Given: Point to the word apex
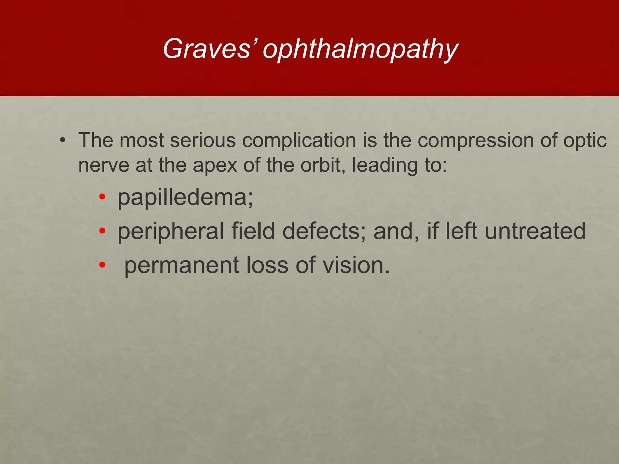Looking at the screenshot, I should (215, 166).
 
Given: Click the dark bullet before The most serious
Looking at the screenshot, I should (62, 141).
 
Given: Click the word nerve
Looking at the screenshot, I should (104, 166).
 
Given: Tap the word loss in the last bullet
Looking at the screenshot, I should (267, 265).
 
